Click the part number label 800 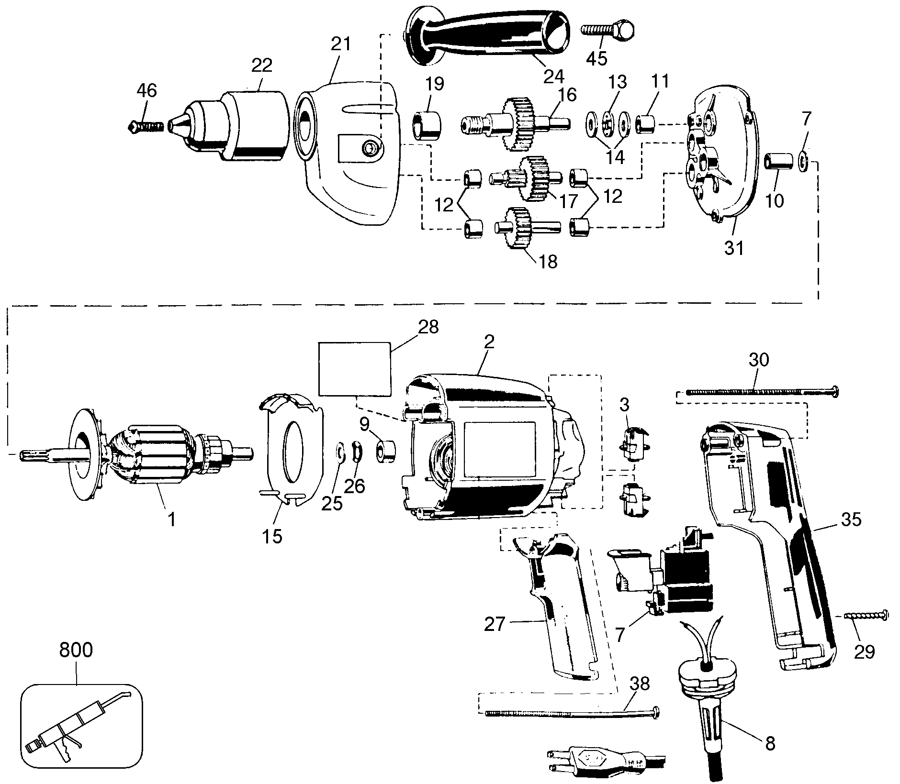[x=76, y=651]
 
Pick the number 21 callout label [x=340, y=44]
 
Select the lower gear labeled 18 [x=529, y=229]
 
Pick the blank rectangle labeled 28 [x=354, y=369]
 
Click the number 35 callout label [x=850, y=519]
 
